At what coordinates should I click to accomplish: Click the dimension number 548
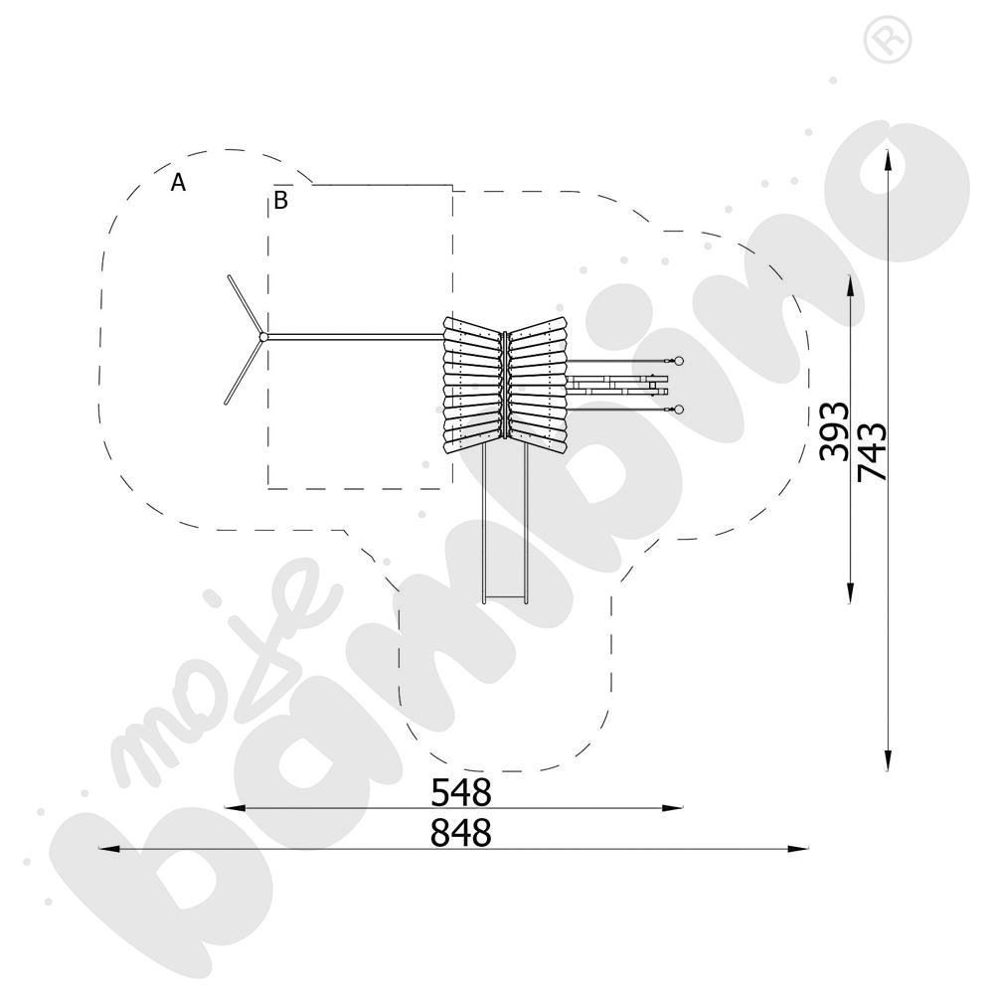[x=461, y=792]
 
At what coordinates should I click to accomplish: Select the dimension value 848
[x=461, y=833]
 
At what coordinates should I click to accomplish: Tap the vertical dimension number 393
[x=834, y=430]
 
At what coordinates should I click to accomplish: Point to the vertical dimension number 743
[x=873, y=452]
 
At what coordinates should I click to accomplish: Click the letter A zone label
[x=178, y=183]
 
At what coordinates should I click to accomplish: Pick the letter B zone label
[x=281, y=200]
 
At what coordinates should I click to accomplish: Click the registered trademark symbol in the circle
[x=888, y=39]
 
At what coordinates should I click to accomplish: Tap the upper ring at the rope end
[x=678, y=362]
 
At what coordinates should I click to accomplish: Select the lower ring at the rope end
[x=678, y=410]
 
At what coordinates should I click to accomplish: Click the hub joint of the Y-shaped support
[x=263, y=337]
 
